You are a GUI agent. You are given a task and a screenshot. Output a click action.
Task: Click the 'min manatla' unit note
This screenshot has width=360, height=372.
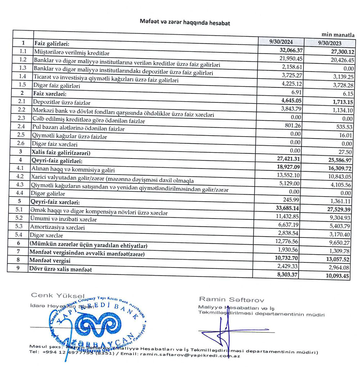[x=338, y=35]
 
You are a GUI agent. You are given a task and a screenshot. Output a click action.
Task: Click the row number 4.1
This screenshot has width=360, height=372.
[x=22, y=168]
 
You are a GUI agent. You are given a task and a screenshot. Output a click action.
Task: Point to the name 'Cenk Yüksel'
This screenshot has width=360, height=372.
[x=58, y=296]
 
